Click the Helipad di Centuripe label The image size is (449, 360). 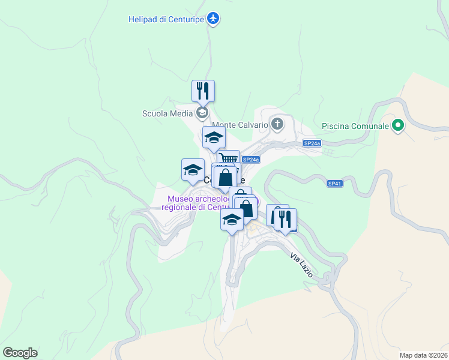166,19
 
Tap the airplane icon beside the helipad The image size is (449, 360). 212,19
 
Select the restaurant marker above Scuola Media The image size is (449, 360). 203,91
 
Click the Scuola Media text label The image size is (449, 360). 167,113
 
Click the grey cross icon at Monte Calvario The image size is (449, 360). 277,125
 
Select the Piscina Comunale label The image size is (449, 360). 355,126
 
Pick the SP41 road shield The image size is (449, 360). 335,183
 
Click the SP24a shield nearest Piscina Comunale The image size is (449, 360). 312,143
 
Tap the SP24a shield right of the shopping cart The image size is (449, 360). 251,159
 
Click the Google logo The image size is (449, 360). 20,353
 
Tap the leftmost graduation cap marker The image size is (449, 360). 193,169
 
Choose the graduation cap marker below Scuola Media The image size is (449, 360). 214,137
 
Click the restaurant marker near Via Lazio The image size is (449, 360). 286,219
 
